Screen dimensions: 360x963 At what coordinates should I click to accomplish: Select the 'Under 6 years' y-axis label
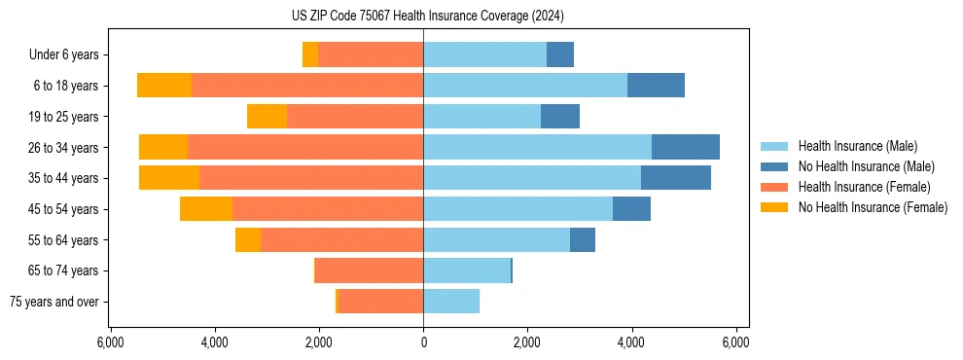coord(69,55)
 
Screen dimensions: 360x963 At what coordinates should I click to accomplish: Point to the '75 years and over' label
coord(54,302)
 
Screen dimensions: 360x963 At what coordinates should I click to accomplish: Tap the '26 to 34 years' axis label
coord(64,148)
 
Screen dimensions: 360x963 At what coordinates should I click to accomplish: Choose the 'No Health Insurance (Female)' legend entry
coord(873,207)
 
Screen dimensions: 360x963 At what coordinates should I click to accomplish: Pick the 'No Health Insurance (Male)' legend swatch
coord(776,166)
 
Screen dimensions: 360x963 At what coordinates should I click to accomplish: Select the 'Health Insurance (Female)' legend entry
coord(864,187)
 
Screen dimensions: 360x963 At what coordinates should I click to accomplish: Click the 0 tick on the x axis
coord(423,342)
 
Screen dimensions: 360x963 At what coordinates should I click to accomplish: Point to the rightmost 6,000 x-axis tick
coord(735,342)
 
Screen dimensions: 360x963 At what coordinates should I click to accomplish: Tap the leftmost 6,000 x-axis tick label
coord(110,342)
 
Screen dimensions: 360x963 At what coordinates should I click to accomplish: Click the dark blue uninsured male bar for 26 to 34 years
coord(685,147)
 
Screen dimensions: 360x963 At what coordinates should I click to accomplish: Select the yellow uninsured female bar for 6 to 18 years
coord(164,86)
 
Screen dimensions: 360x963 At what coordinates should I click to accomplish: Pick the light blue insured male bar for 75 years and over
coord(451,302)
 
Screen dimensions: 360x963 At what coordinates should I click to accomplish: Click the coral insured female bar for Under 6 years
coord(371,54)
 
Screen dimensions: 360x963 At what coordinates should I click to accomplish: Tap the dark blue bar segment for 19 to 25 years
coord(560,117)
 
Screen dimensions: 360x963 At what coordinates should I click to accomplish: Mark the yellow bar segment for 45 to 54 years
coord(206,209)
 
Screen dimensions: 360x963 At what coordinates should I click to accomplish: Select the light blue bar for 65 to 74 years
coord(467,270)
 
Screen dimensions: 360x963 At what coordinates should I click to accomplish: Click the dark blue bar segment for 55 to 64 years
coord(583,239)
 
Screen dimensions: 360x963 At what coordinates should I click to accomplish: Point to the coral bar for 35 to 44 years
coord(311,178)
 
